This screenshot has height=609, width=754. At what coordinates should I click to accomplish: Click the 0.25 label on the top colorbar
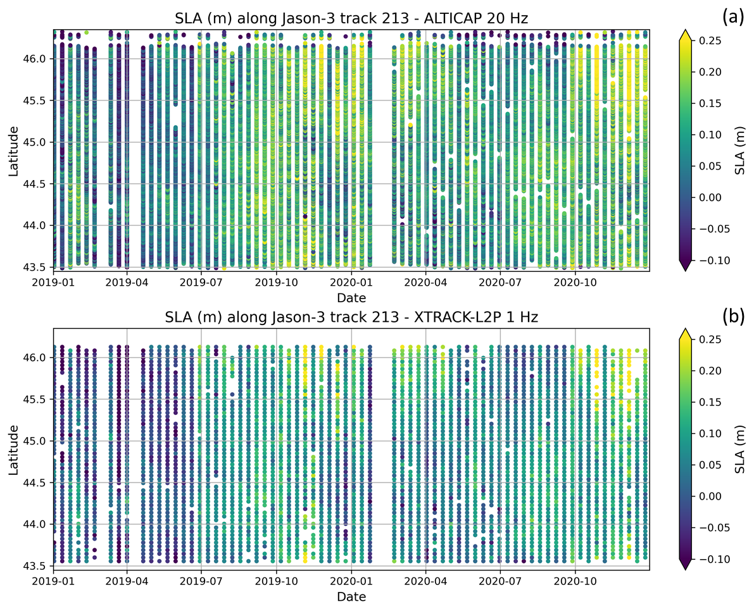point(708,40)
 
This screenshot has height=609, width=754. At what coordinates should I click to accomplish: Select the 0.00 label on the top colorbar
point(708,197)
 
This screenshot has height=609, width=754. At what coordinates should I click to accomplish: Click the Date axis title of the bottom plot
point(351,596)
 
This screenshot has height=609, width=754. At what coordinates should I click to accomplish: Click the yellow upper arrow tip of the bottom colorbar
point(683,333)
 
